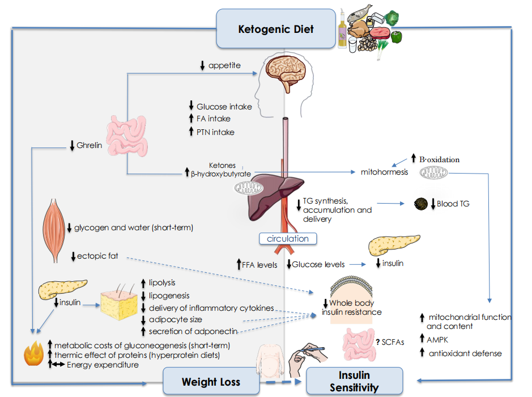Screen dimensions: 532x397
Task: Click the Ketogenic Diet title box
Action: pyautogui.click(x=276, y=28)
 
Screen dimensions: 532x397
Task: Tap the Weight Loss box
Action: pyautogui.click(x=211, y=381)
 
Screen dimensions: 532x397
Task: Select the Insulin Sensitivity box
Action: pyautogui.click(x=354, y=381)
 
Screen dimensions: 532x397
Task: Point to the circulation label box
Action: pyautogui.click(x=288, y=238)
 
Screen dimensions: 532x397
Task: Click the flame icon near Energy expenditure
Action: pyautogui.click(x=33, y=353)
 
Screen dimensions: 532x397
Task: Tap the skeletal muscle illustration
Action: pyautogui.click(x=54, y=231)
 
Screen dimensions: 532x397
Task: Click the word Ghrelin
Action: pyautogui.click(x=89, y=145)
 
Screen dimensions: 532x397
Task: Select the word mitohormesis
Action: pyautogui.click(x=384, y=172)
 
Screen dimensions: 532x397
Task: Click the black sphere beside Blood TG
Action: pyautogui.click(x=421, y=204)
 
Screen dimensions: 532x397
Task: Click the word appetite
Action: pyautogui.click(x=224, y=65)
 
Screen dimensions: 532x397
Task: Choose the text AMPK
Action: pyautogui.click(x=437, y=340)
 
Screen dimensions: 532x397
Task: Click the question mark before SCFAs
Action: pyautogui.click(x=378, y=342)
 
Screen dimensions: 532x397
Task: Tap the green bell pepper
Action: pyautogui.click(x=396, y=37)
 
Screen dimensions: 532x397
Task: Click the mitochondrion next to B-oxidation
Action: pyautogui.click(x=433, y=173)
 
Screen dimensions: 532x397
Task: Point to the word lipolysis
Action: pyautogui.click(x=162, y=282)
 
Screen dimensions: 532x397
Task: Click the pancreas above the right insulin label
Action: pyautogui.click(x=394, y=244)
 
